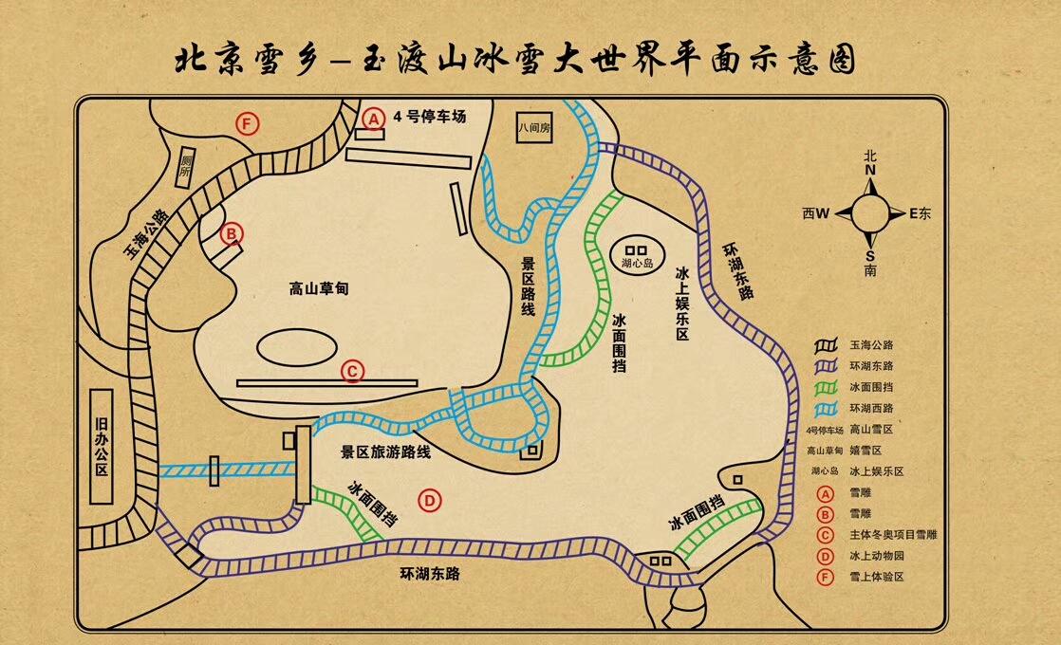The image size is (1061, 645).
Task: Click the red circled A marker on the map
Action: (374, 118)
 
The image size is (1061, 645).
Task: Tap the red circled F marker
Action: (248, 123)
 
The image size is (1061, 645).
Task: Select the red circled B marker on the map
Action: (231, 232)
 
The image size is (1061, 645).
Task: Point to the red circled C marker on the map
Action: (352, 372)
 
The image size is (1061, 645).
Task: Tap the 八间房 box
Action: (533, 127)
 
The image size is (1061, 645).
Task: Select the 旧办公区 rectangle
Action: (99, 447)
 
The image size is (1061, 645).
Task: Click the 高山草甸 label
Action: (319, 288)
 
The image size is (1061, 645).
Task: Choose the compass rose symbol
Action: (870, 213)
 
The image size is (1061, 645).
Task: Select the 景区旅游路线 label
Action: (385, 452)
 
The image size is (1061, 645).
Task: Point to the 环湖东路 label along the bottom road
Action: (432, 573)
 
